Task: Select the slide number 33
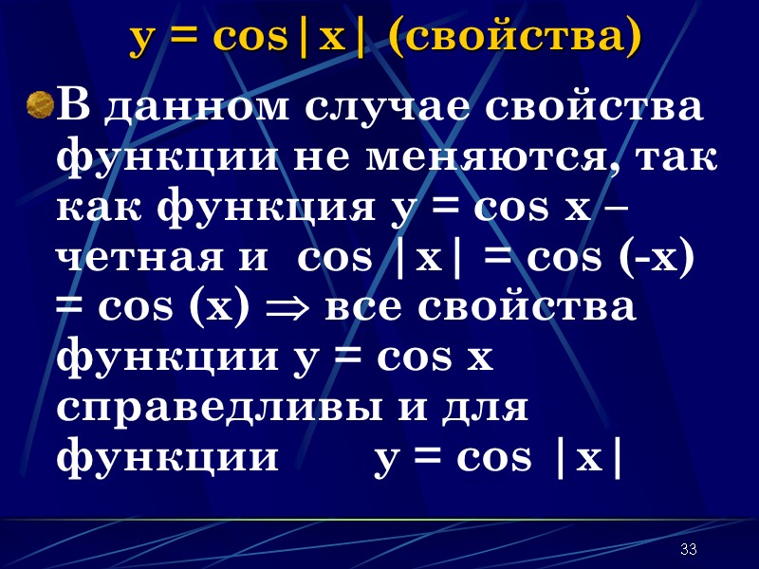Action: [689, 550]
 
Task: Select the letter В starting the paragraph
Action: [75, 106]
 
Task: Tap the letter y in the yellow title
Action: [144, 39]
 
